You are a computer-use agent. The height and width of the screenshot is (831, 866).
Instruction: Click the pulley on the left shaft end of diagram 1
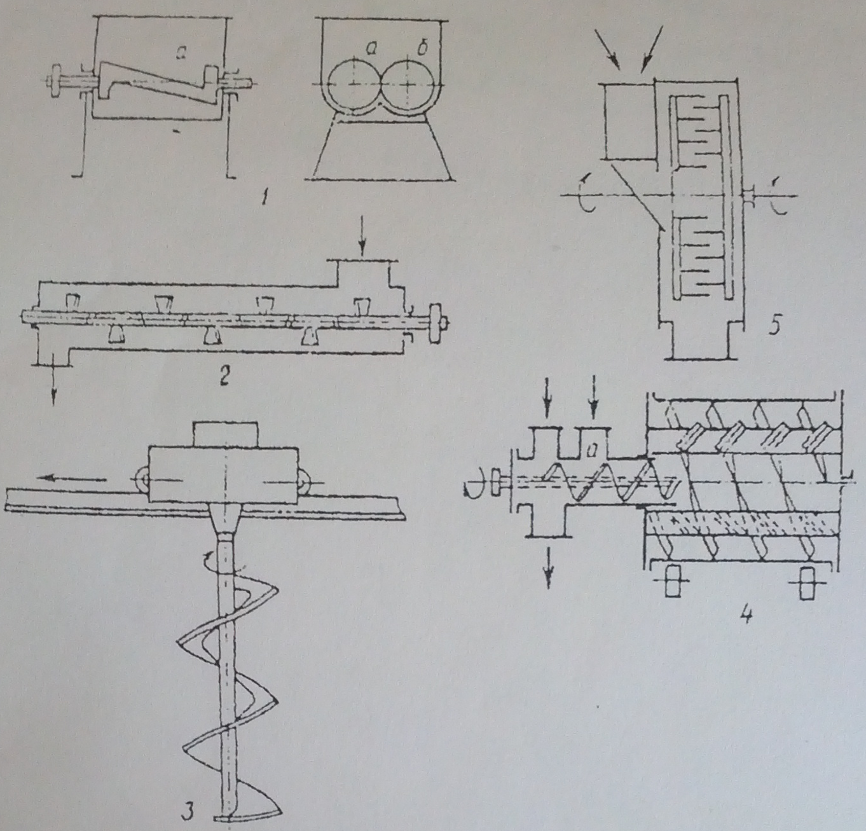point(57,81)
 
